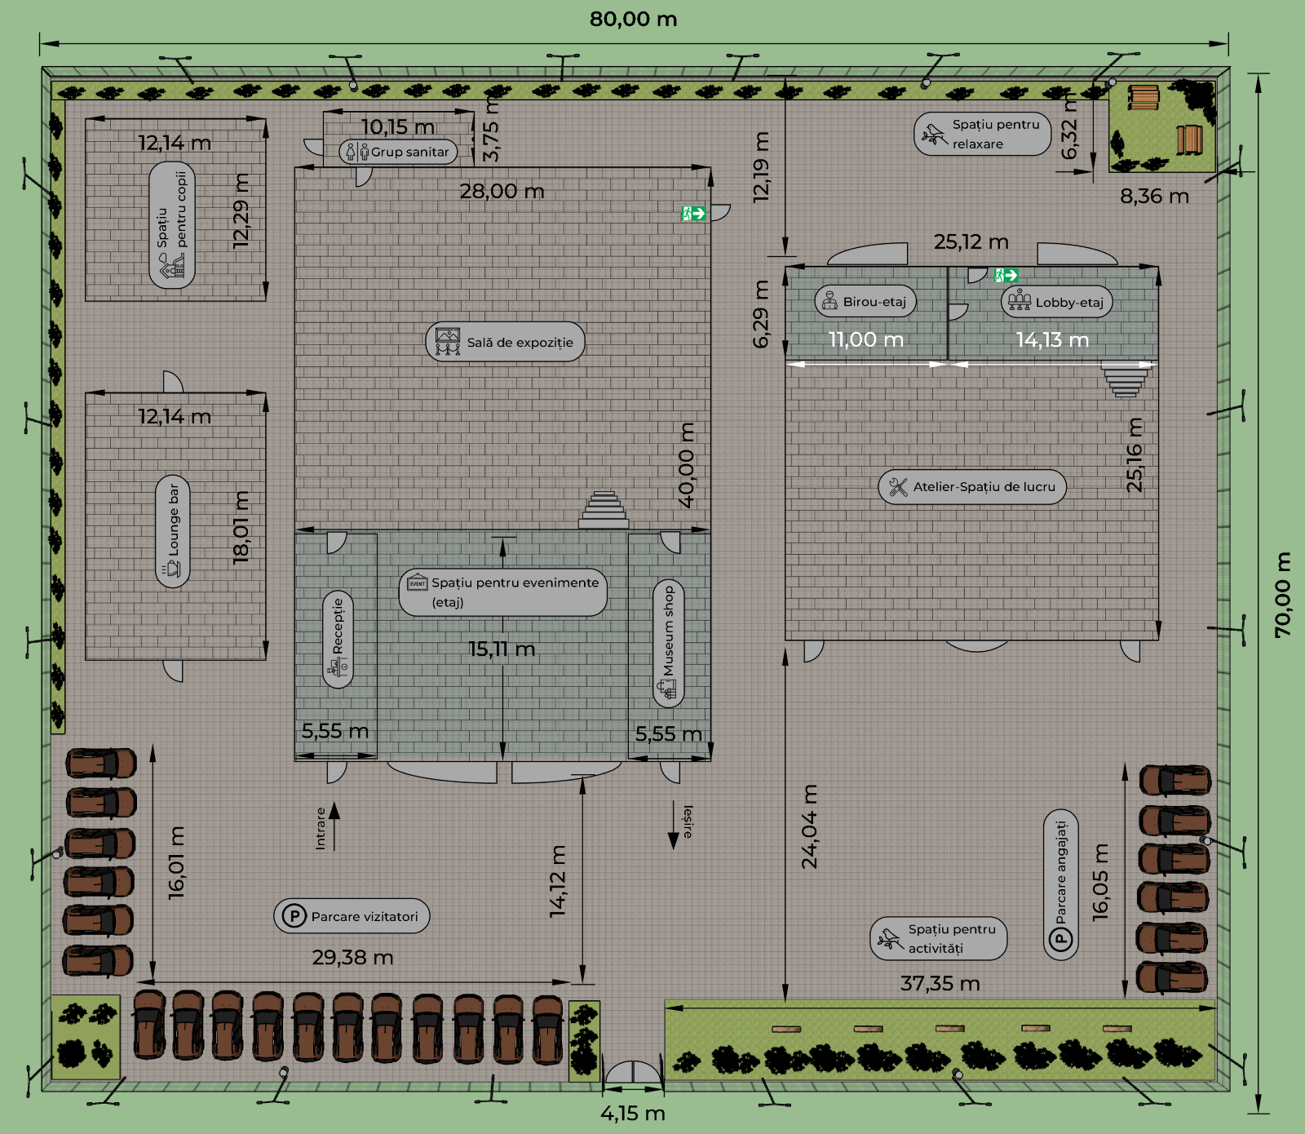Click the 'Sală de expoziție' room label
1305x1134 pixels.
(505, 342)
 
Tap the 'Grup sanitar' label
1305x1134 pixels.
(398, 152)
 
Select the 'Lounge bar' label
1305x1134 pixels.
(173, 531)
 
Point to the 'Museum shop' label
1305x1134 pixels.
(669, 643)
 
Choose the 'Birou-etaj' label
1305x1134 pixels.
(865, 301)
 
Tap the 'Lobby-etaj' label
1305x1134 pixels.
(1057, 302)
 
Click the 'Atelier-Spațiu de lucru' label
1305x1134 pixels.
(972, 486)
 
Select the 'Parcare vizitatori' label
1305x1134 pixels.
(352, 916)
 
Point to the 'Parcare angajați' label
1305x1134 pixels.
(1061, 885)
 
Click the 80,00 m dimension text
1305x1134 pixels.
(634, 19)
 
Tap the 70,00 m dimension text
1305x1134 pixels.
(1283, 595)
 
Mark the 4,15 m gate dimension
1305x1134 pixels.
(633, 1113)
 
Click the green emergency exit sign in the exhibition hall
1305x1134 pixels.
(693, 214)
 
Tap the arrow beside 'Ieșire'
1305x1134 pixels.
(674, 826)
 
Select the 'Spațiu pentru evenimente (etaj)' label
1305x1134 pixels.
(503, 592)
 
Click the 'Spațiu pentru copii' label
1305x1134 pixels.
(172, 225)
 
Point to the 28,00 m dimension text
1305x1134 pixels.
(502, 191)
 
